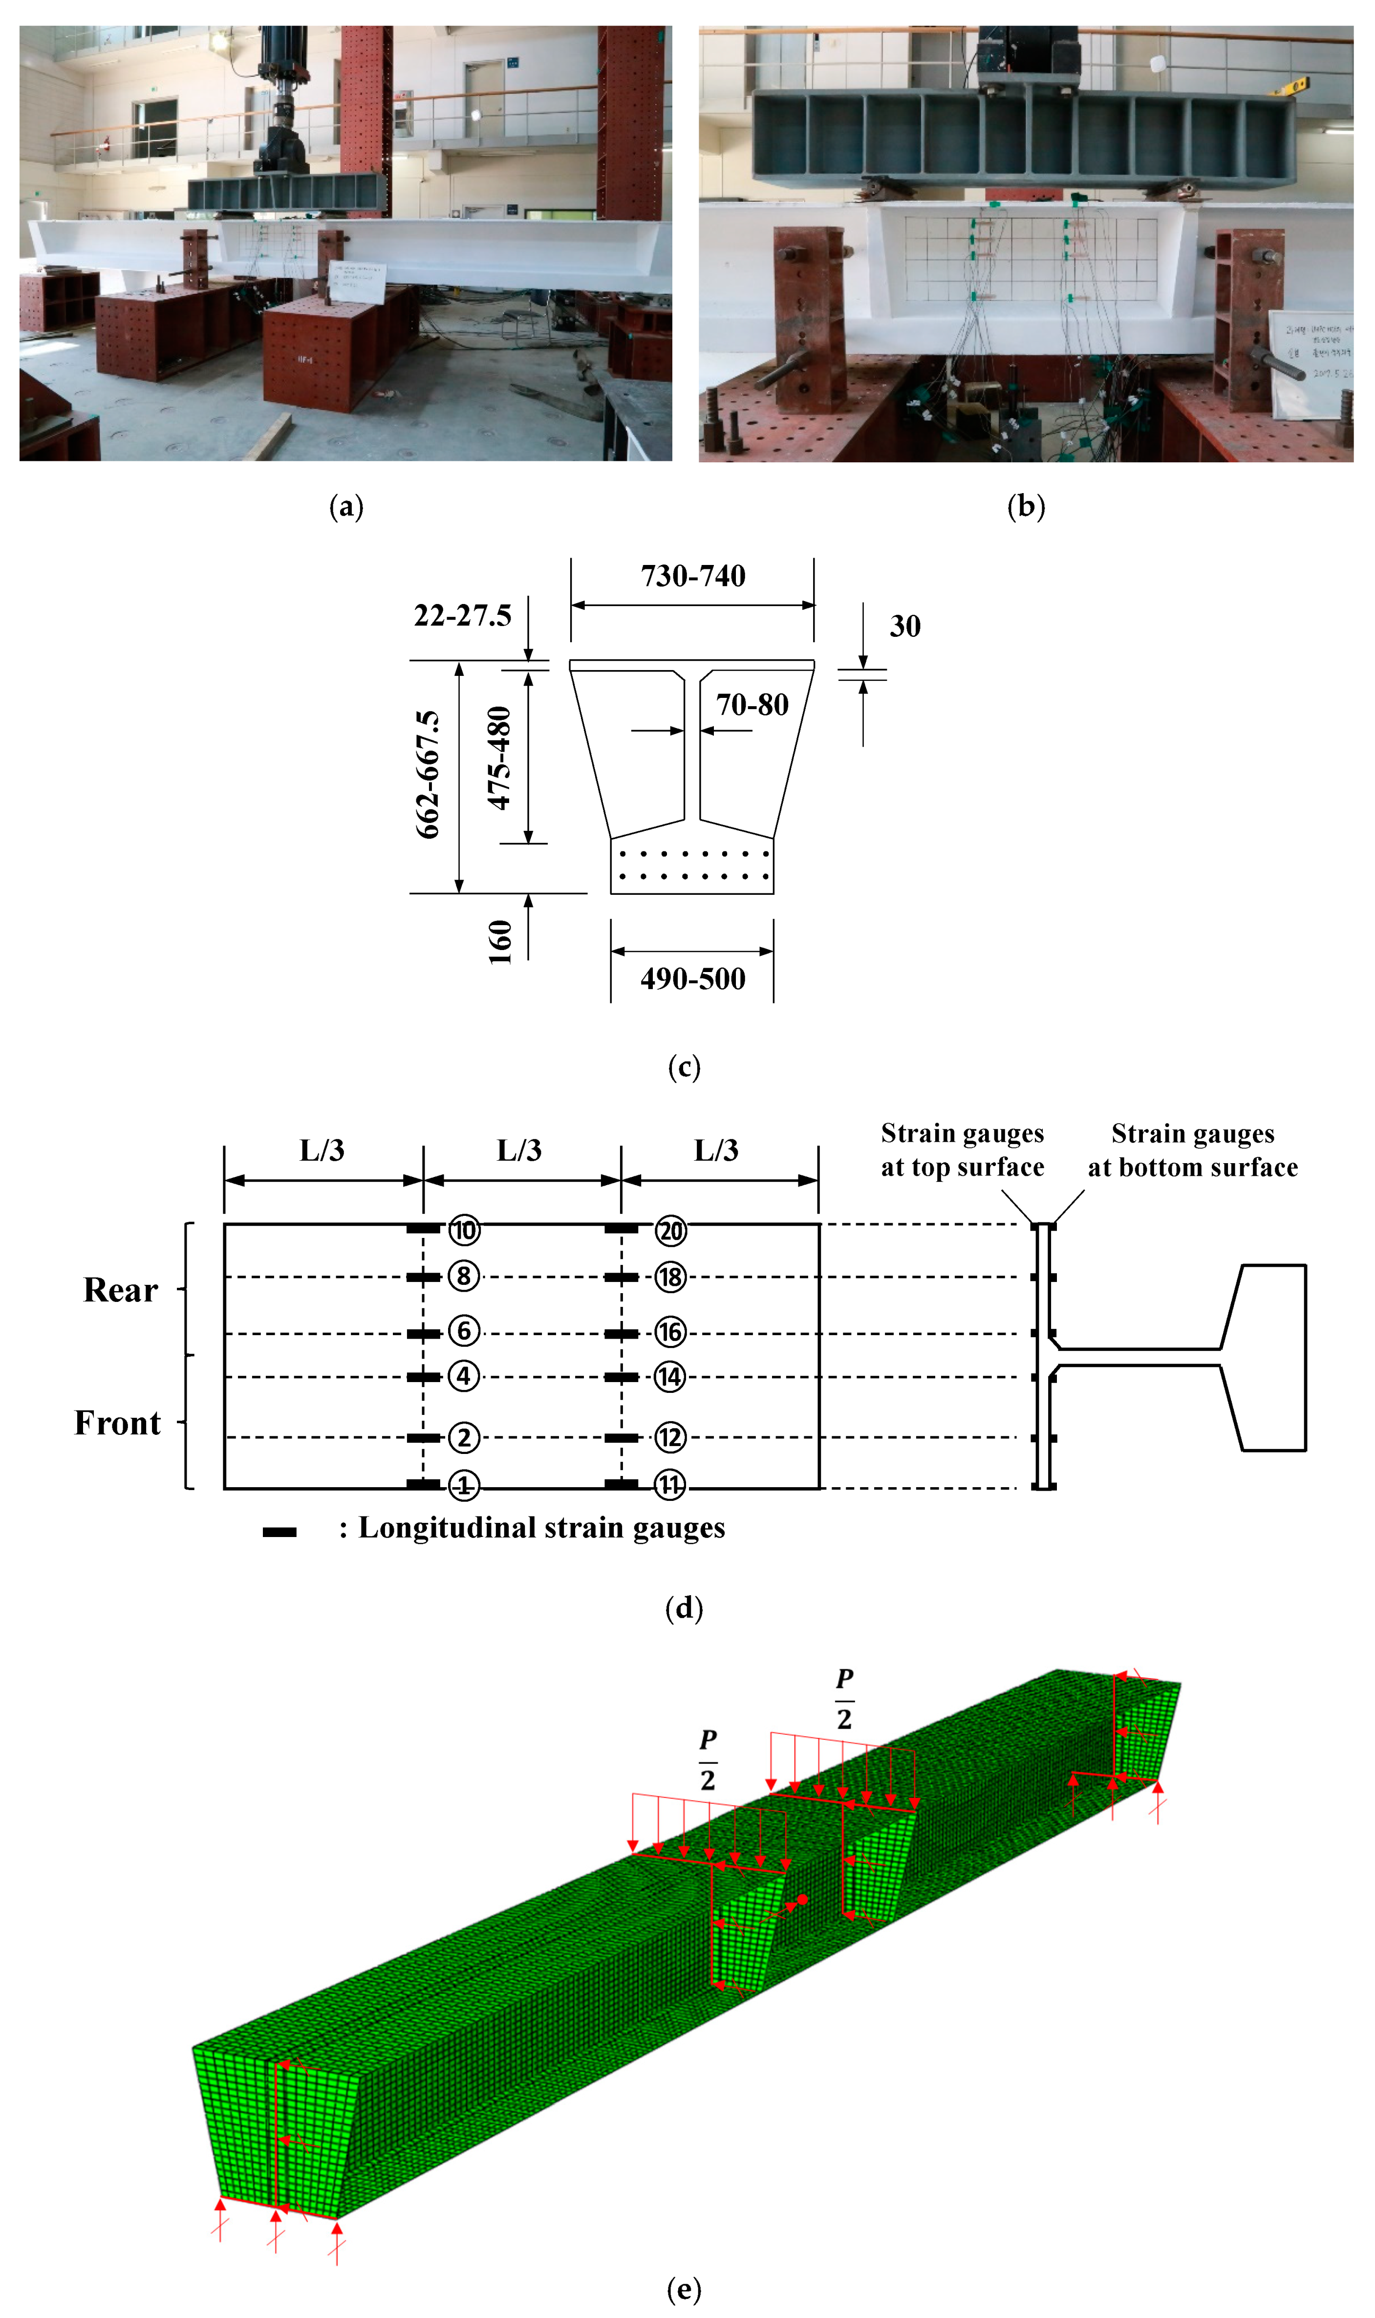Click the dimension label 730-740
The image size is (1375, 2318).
coord(693,576)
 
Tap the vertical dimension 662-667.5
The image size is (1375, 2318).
coord(427,775)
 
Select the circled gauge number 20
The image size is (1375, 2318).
coord(671,1231)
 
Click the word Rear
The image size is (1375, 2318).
coord(121,1291)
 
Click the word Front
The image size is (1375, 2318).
coord(118,1423)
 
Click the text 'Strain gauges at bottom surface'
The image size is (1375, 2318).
coord(1192,1150)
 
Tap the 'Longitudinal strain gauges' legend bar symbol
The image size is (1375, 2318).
coord(279,1532)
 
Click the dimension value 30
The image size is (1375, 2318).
coord(905,626)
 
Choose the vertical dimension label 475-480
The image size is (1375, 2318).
coord(499,758)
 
